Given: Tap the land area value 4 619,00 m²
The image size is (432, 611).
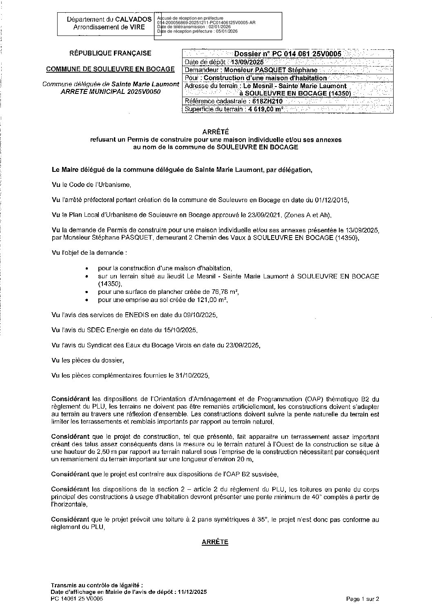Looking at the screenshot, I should click(x=265, y=109).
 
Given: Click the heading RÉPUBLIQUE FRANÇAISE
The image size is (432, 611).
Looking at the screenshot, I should click(x=110, y=53).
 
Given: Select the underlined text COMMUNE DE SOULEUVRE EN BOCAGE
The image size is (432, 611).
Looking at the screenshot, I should click(x=110, y=69).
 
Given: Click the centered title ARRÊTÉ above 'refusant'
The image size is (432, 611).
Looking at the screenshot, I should click(x=216, y=131).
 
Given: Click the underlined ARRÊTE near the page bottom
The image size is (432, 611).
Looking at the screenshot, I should click(x=215, y=542).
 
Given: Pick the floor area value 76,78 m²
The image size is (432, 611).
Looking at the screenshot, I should click(x=225, y=292).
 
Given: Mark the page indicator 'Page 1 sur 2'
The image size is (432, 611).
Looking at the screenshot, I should click(x=363, y=599).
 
